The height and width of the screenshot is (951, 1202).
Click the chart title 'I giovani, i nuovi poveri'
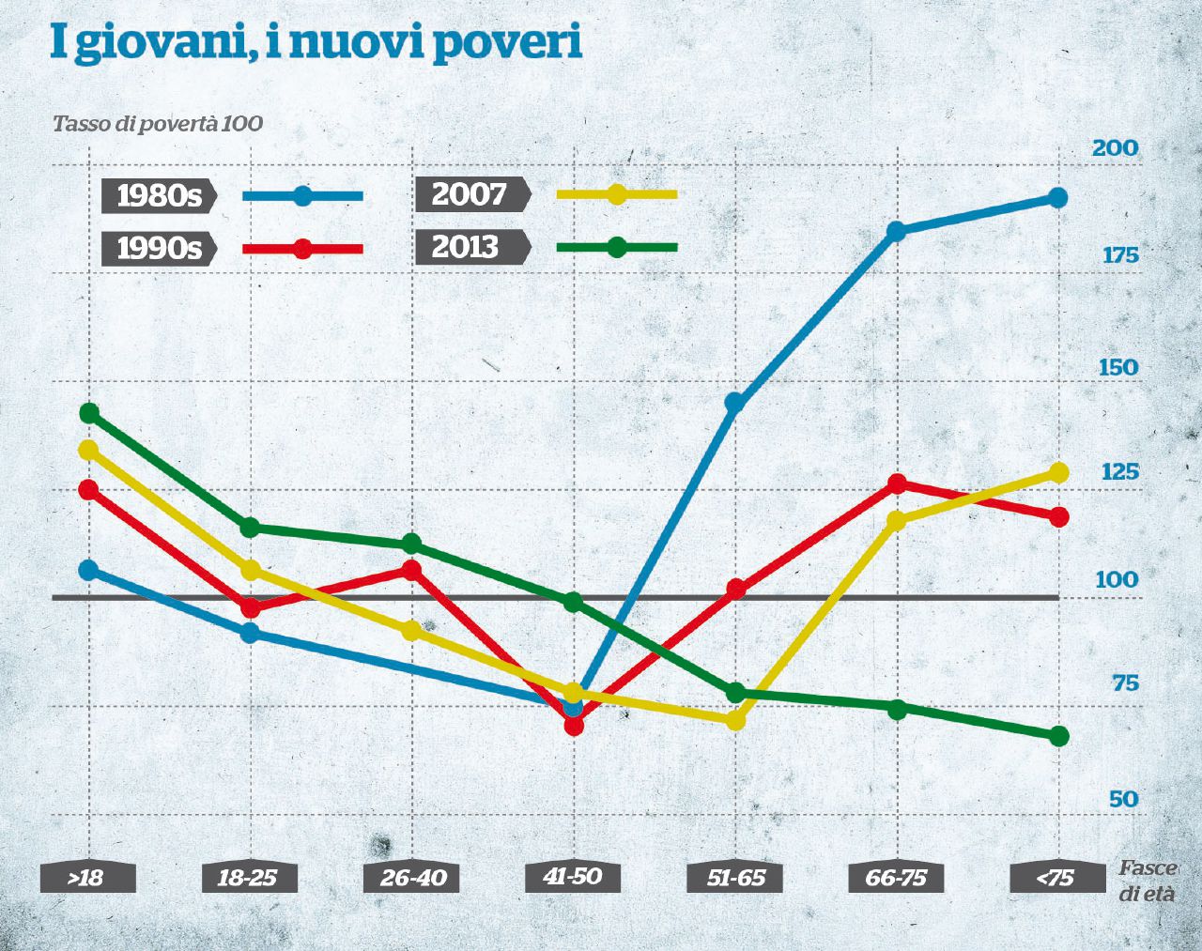[316, 42]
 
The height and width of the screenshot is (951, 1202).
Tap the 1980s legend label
[159, 195]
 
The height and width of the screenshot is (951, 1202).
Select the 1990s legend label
[159, 248]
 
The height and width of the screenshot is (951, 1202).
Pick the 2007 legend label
[470, 194]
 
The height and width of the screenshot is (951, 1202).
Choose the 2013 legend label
[466, 247]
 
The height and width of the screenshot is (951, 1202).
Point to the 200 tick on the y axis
[1115, 148]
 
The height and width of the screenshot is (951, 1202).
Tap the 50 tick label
[1122, 799]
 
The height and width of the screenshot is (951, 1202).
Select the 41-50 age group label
[573, 877]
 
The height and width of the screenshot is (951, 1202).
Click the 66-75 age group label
[896, 878]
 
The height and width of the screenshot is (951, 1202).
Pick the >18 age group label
[86, 878]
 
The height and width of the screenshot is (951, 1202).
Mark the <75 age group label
[1056, 878]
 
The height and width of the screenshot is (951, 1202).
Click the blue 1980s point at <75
[1057, 197]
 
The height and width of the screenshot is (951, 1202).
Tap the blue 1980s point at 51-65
[735, 404]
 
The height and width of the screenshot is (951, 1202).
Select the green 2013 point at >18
[89, 413]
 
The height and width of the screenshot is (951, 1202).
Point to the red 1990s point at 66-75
[897, 483]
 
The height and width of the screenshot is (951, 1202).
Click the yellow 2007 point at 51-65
[735, 721]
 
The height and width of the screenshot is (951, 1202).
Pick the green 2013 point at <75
[1058, 736]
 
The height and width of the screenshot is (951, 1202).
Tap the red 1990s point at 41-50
[574, 726]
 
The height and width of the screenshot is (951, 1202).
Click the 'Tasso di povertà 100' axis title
[157, 124]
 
